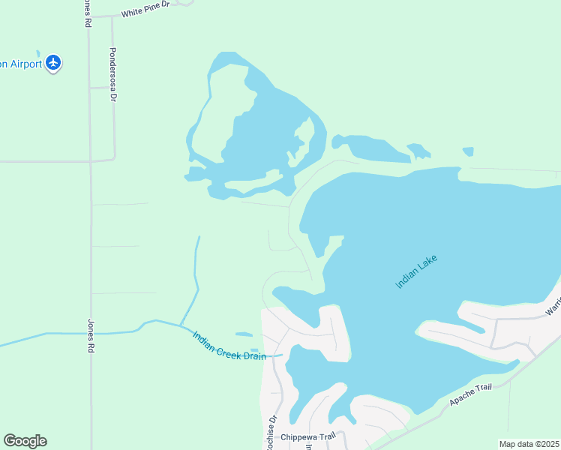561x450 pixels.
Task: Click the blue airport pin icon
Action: coord(52,62)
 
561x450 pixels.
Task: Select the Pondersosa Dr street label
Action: coord(113,75)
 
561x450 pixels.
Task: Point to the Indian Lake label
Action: coord(415,271)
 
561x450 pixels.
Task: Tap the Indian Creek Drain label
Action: coord(229,346)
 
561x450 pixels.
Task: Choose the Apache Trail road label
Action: coord(470,395)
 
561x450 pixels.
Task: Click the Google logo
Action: coord(25,441)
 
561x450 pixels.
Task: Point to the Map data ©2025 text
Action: coord(529,444)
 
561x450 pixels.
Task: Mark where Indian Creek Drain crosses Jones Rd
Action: coord(91,332)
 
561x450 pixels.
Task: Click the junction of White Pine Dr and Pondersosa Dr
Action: coord(112,16)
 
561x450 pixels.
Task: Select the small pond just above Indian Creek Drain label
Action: coord(244,334)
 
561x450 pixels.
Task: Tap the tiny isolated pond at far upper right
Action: coord(468,151)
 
